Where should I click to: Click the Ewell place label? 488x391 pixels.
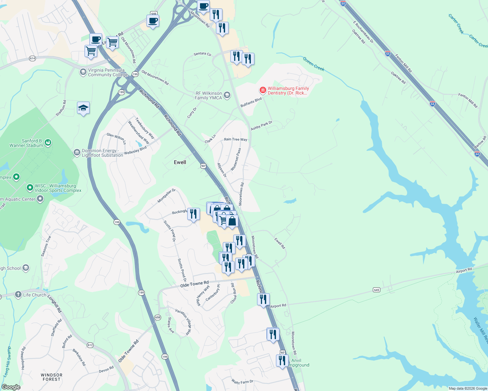pyautogui.click(x=180, y=162)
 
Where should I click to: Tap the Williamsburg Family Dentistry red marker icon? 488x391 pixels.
pyautogui.click(x=263, y=90)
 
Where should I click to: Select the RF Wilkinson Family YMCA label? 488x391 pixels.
pyautogui.click(x=208, y=95)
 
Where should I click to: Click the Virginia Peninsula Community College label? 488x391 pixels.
pyautogui.click(x=108, y=72)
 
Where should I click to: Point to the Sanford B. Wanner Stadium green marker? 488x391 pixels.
pyautogui.click(x=48, y=142)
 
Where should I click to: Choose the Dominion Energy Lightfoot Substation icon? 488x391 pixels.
pyautogui.click(x=77, y=152)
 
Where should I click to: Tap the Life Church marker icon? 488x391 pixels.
pyautogui.click(x=18, y=295)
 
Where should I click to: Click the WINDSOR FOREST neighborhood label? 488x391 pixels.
pyautogui.click(x=52, y=377)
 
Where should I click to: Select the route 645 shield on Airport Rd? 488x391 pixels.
pyautogui.click(x=377, y=290)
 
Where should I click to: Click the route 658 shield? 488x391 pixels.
pyautogui.click(x=158, y=317)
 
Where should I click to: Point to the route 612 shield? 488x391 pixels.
pyautogui.click(x=90, y=345)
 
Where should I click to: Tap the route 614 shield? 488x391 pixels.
pyautogui.click(x=32, y=58)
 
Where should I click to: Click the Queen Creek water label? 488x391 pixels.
pyautogui.click(x=313, y=64)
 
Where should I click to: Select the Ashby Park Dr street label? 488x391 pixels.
pyautogui.click(x=261, y=126)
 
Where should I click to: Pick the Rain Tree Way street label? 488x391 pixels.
pyautogui.click(x=236, y=139)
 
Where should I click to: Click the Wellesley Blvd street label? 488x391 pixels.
pyautogui.click(x=135, y=151)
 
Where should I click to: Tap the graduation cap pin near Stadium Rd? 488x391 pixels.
pyautogui.click(x=83, y=108)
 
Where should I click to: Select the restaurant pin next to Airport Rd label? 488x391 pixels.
pyautogui.click(x=263, y=299)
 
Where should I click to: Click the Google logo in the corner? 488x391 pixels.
pyautogui.click(x=11, y=387)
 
